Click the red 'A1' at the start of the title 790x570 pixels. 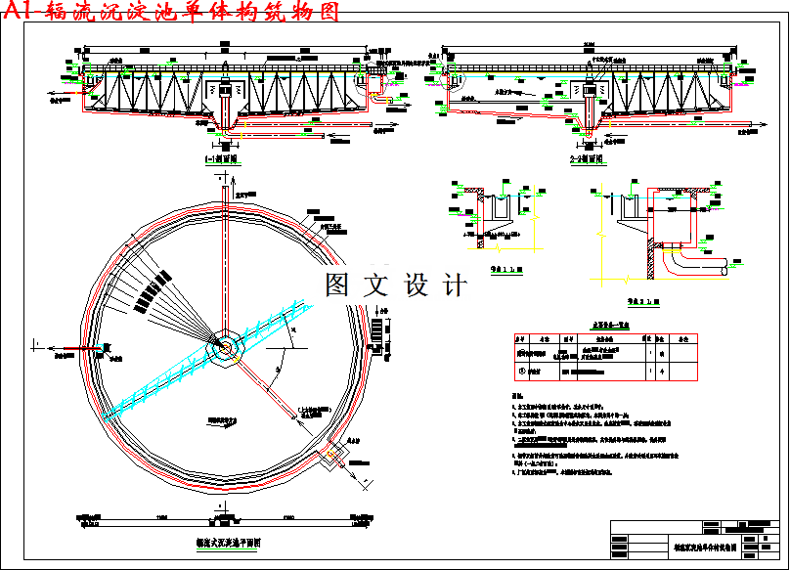(19, 12)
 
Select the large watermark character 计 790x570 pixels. (455, 285)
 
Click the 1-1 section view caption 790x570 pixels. (221, 158)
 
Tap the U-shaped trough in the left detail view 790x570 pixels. (506, 207)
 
